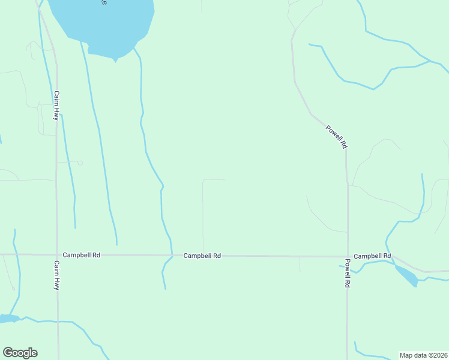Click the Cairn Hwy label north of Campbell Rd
[56, 106]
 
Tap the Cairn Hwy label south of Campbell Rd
[56, 275]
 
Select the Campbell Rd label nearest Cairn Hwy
[81, 255]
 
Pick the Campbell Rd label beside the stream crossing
[202, 256]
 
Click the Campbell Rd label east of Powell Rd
[372, 256]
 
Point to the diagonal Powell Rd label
[336, 136]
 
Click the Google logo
[20, 353]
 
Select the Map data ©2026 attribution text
[423, 355]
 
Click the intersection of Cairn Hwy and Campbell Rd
[57, 255]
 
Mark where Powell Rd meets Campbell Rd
[348, 256]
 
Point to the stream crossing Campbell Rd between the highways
[172, 256]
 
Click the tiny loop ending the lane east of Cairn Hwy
[80, 162]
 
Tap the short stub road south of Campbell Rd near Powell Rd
[300, 264]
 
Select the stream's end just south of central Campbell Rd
[165, 289]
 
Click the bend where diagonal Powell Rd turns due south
[346, 150]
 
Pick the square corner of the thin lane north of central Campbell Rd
[203, 180]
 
